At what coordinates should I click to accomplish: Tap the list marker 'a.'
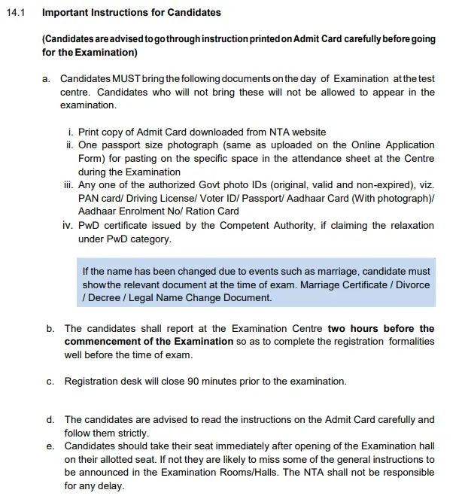click(47, 78)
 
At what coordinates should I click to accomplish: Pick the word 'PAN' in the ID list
click(89, 198)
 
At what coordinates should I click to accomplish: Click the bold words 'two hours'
click(351, 328)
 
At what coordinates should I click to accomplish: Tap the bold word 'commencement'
click(99, 341)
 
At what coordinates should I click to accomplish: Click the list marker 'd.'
click(50, 419)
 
